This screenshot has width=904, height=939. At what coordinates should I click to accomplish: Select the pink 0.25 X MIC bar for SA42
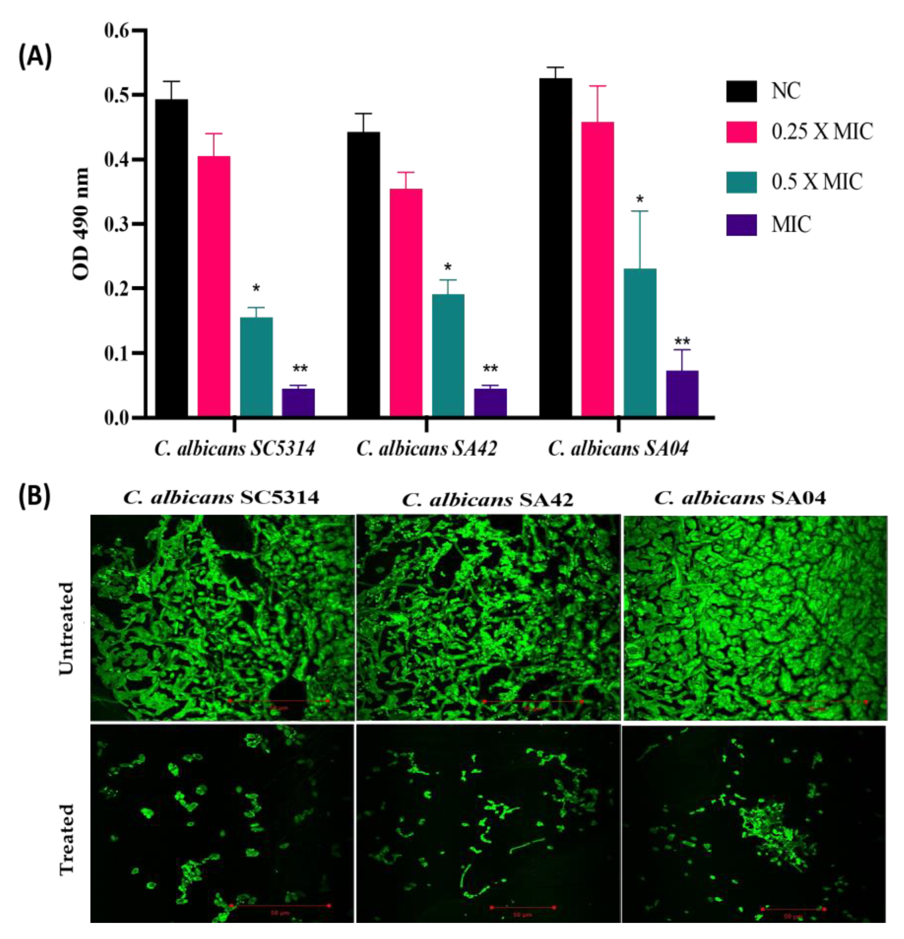click(x=406, y=302)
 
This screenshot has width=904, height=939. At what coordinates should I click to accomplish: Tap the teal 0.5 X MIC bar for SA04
click(x=640, y=342)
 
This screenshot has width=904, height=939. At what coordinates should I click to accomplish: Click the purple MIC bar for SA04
click(x=682, y=393)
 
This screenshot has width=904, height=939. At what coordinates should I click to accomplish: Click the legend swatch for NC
click(x=741, y=91)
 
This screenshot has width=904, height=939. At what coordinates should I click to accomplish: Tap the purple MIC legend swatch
click(x=741, y=224)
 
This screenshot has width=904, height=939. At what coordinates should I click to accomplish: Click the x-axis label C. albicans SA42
click(x=427, y=449)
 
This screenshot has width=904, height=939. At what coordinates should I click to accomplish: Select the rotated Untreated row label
click(x=67, y=628)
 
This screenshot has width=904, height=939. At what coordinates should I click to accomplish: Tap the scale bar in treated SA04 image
click(x=793, y=908)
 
